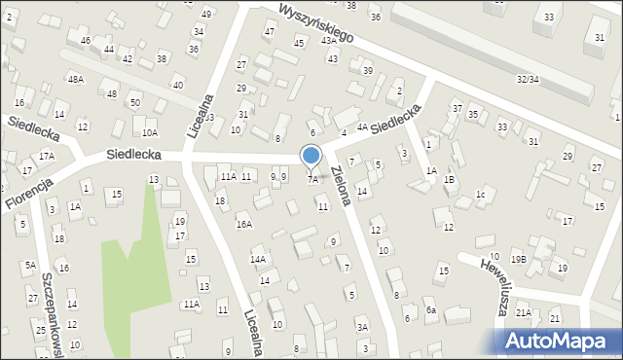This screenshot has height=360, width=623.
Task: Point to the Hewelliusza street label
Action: pyautogui.click(x=489, y=283)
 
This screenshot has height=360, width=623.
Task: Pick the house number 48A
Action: pyautogui.click(x=75, y=79)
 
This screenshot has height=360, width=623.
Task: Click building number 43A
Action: pyautogui.click(x=330, y=40)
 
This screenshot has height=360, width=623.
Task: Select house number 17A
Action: pyautogui.click(x=46, y=156)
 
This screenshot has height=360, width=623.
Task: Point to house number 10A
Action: pyautogui.click(x=149, y=132)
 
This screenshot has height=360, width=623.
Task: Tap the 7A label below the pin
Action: pyautogui.click(x=312, y=179)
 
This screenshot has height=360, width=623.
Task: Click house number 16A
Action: pyautogui.click(x=244, y=224)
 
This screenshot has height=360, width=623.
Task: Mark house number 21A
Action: pyautogui.click(x=524, y=312)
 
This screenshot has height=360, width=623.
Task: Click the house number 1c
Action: pyautogui.click(x=480, y=194)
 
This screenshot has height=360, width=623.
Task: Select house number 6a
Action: pyautogui.click(x=430, y=310)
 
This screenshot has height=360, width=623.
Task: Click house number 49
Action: pyautogui.click(x=205, y=14)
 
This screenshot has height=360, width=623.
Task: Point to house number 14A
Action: pyautogui.click(x=258, y=260)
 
